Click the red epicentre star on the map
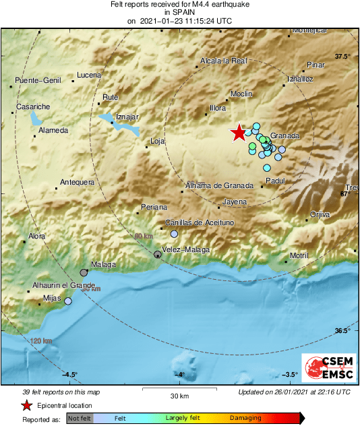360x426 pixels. [x=239, y=133]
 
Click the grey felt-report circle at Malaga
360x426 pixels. [x=84, y=273]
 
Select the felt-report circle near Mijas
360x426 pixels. [x=67, y=301]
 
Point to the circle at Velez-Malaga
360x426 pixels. [x=157, y=255]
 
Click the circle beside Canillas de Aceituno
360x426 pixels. [x=174, y=234]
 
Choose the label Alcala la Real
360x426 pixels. [x=224, y=61]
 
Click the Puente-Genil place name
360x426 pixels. [x=38, y=81]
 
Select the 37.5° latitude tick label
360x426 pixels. [x=342, y=57]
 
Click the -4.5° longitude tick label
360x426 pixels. [x=70, y=374]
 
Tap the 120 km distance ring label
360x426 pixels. [x=40, y=341]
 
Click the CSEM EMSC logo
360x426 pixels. [x=326, y=369]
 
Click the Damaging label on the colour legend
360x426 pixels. [x=245, y=418]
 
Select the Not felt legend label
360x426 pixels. [x=80, y=418]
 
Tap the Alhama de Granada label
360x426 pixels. [x=219, y=185]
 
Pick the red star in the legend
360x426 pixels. [x=26, y=406]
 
